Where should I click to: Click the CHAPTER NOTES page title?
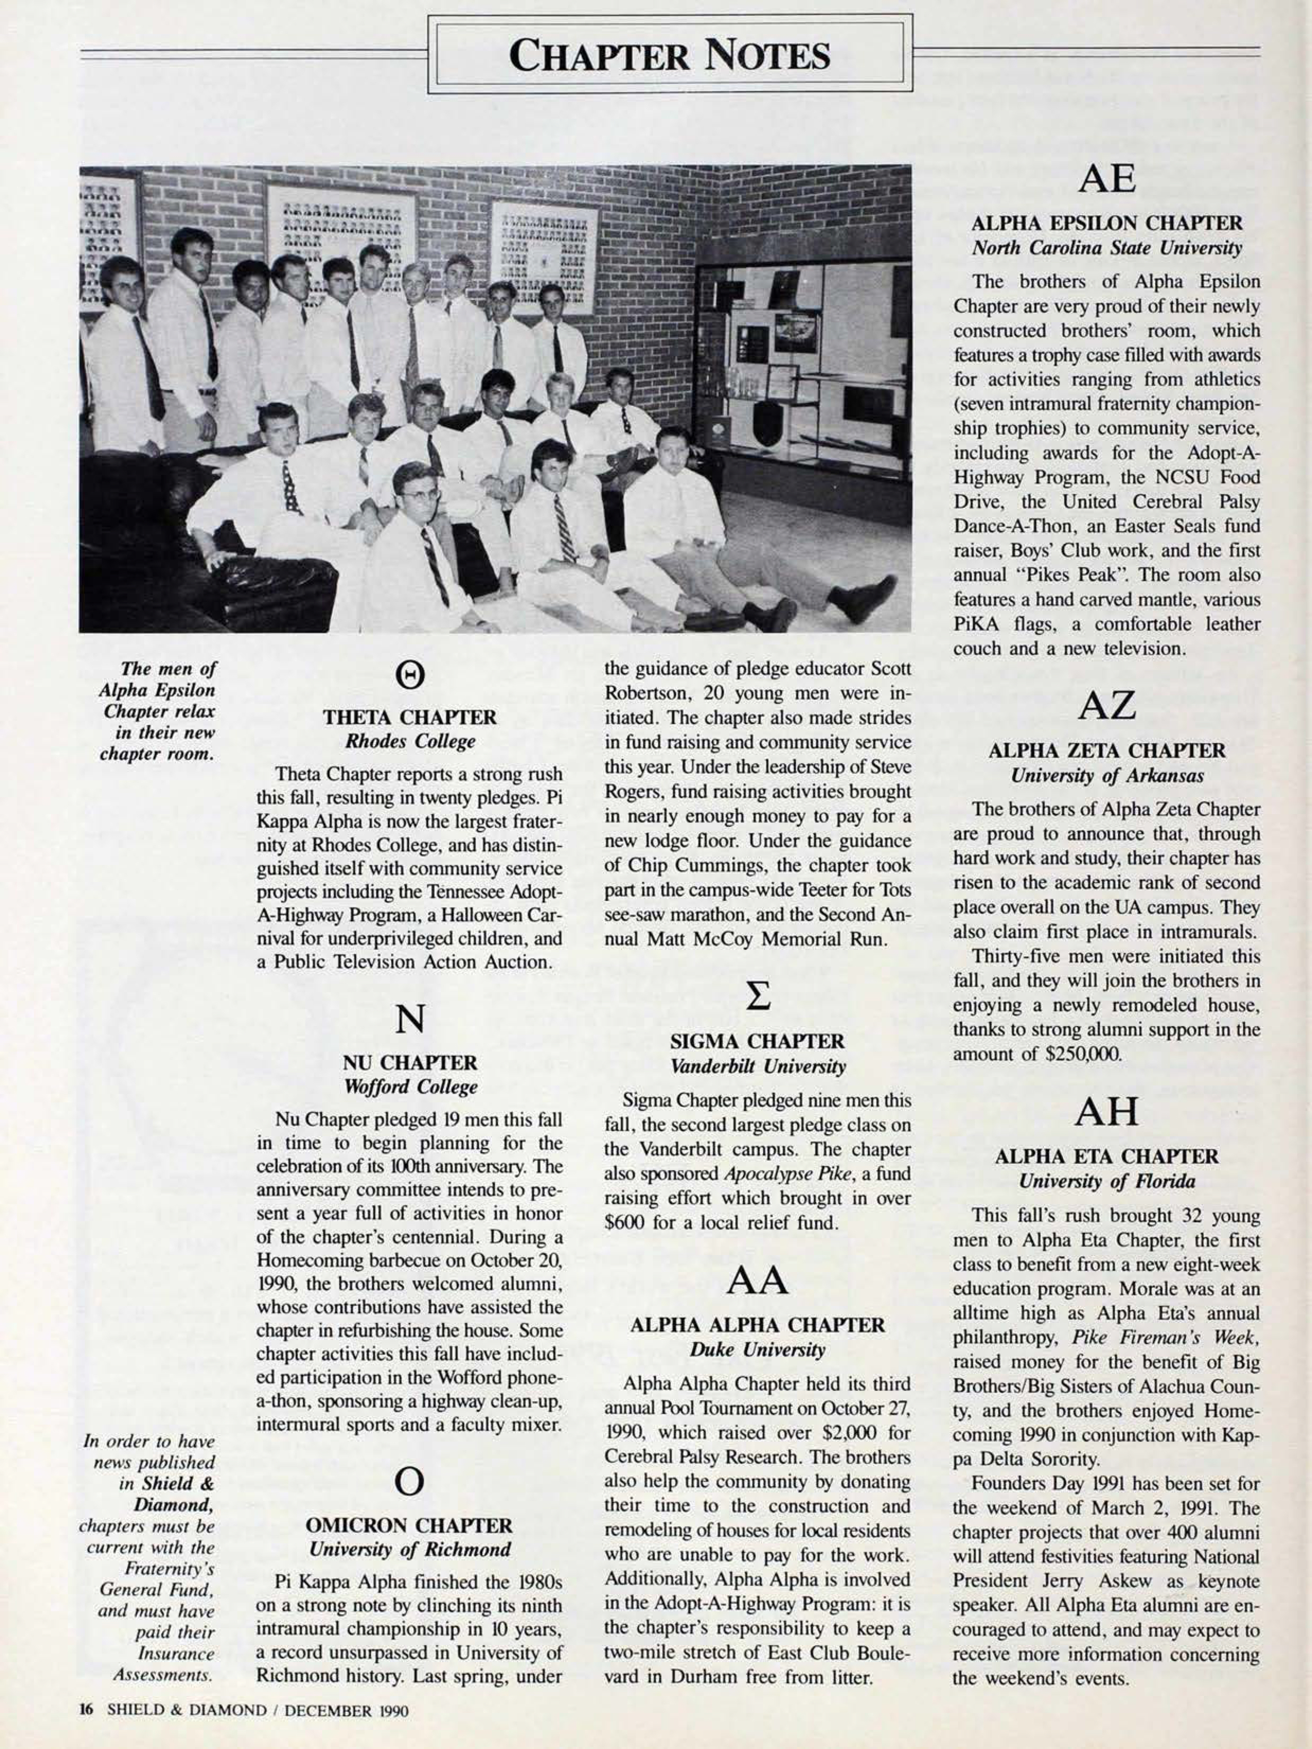point(669,55)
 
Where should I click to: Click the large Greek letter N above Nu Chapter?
point(410,1019)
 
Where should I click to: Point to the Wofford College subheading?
point(410,1087)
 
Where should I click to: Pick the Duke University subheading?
point(758,1350)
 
